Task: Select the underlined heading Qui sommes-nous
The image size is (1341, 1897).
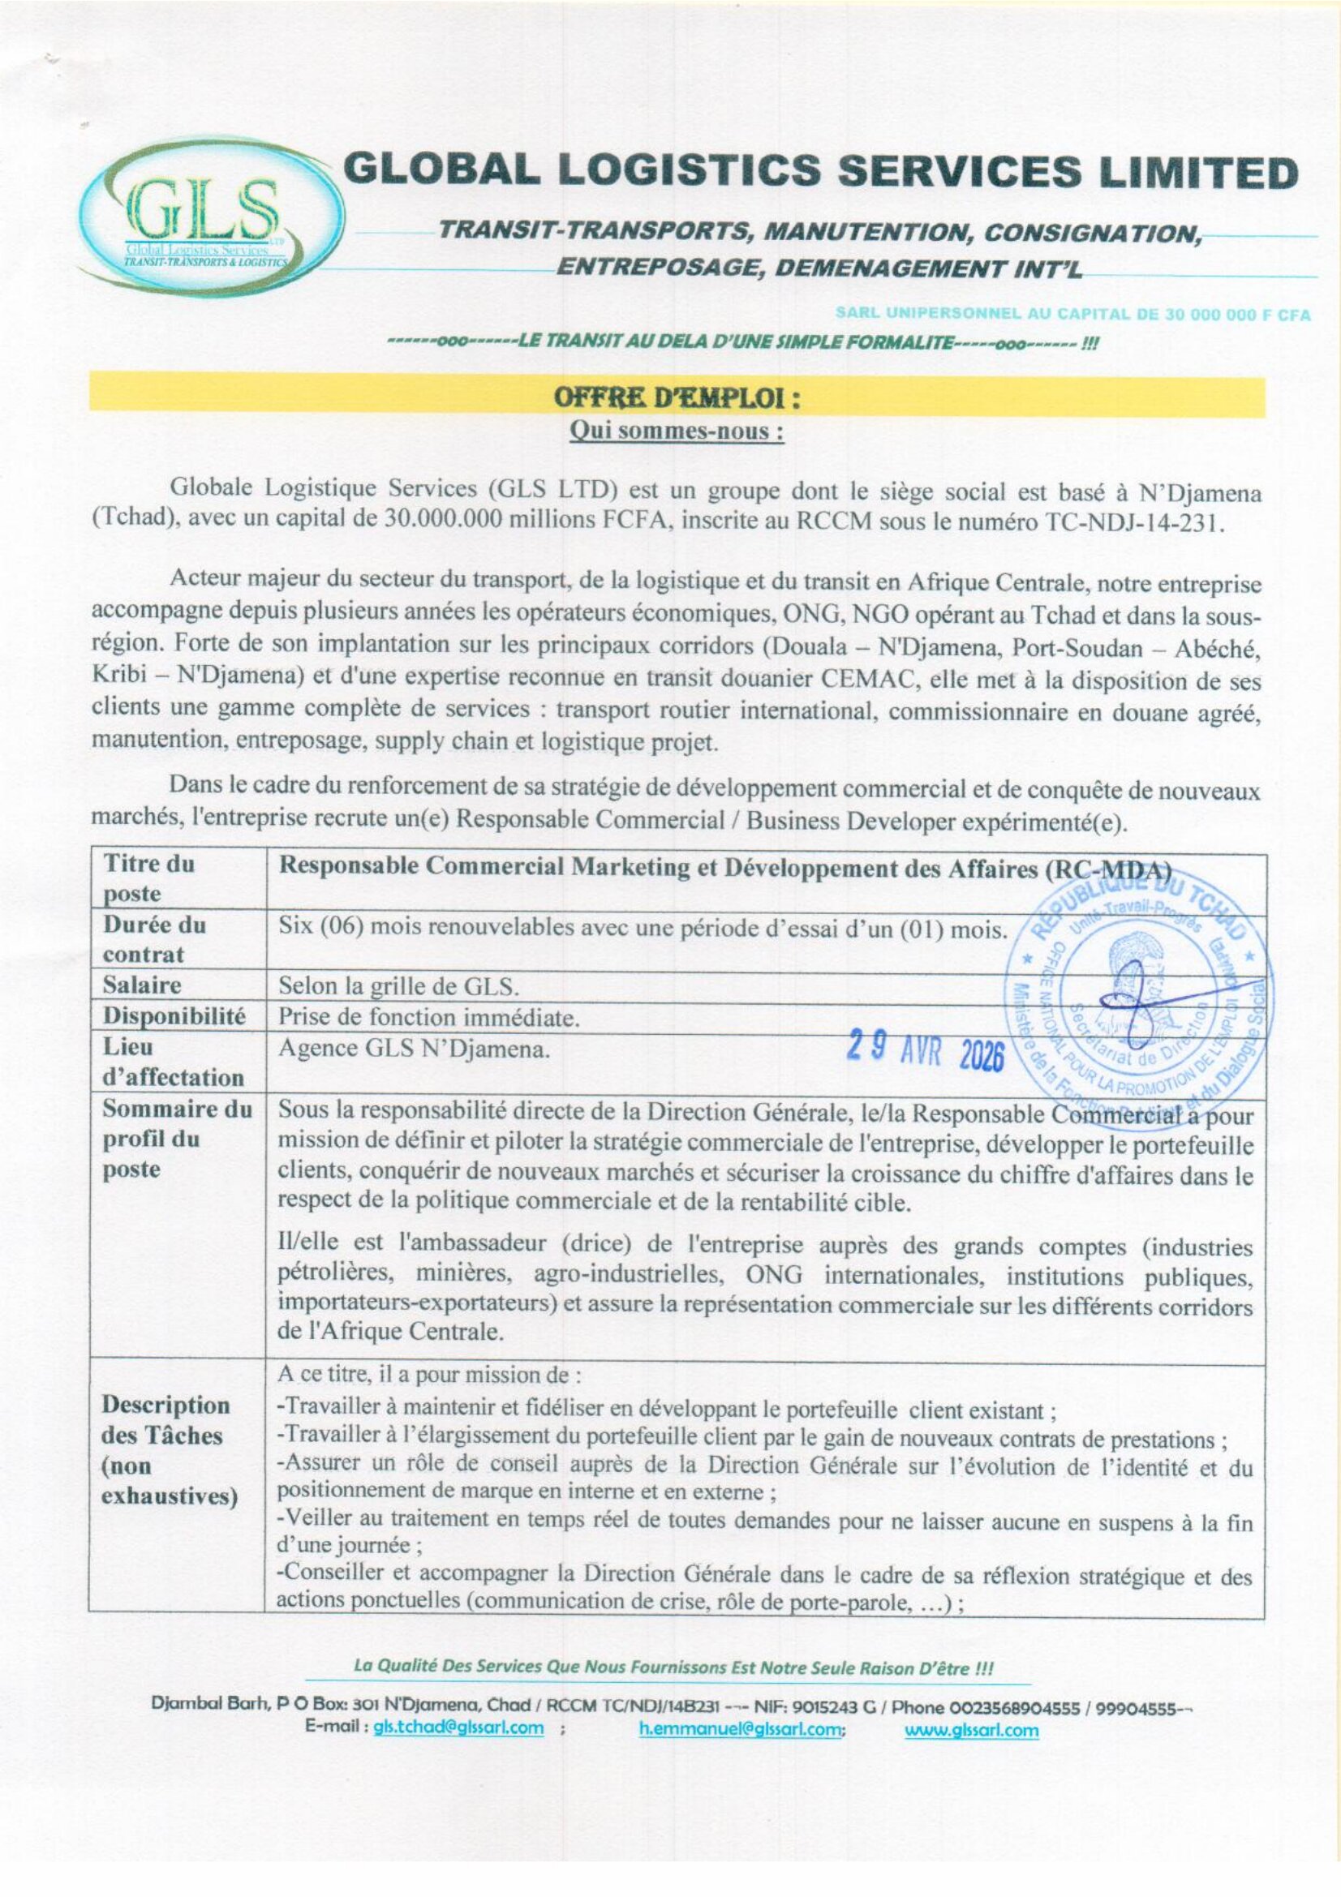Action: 677,432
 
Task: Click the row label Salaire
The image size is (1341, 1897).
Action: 142,985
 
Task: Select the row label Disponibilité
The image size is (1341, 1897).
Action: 174,1016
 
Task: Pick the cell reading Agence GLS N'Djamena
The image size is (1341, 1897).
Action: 414,1049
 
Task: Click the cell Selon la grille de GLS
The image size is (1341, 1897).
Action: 399,985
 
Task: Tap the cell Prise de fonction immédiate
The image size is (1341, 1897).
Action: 429,1017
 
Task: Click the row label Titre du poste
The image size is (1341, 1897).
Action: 148,879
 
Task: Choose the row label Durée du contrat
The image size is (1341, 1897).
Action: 154,939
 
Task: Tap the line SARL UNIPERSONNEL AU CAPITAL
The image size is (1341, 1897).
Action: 1072,315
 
